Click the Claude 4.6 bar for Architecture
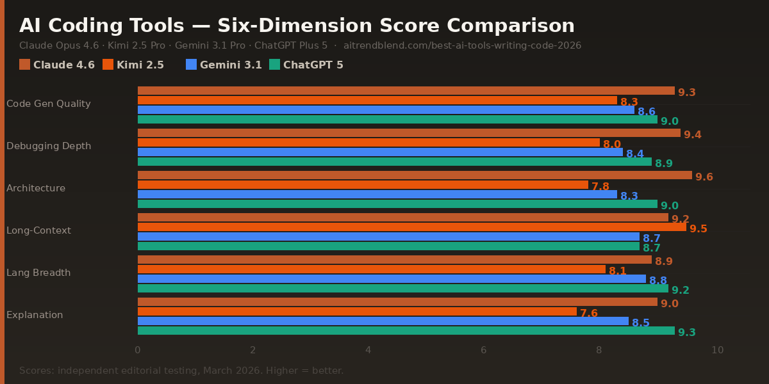[x=415, y=175]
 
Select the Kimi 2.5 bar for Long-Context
[x=411, y=227]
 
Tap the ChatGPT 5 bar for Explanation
[x=406, y=331]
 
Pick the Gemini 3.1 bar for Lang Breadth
[x=392, y=279]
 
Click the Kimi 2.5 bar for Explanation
[x=357, y=312]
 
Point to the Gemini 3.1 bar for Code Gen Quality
[x=386, y=110]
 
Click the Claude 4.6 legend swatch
[x=25, y=65]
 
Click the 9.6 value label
[x=704, y=177]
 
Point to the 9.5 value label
[x=699, y=229]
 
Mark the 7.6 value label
[x=589, y=314]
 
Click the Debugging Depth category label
[x=49, y=146]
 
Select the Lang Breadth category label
[x=38, y=273]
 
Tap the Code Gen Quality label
[x=49, y=104]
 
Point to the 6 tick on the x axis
[x=484, y=350]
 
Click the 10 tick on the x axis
[x=718, y=350]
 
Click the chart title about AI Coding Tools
[x=297, y=26]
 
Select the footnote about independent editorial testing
[x=181, y=371]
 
